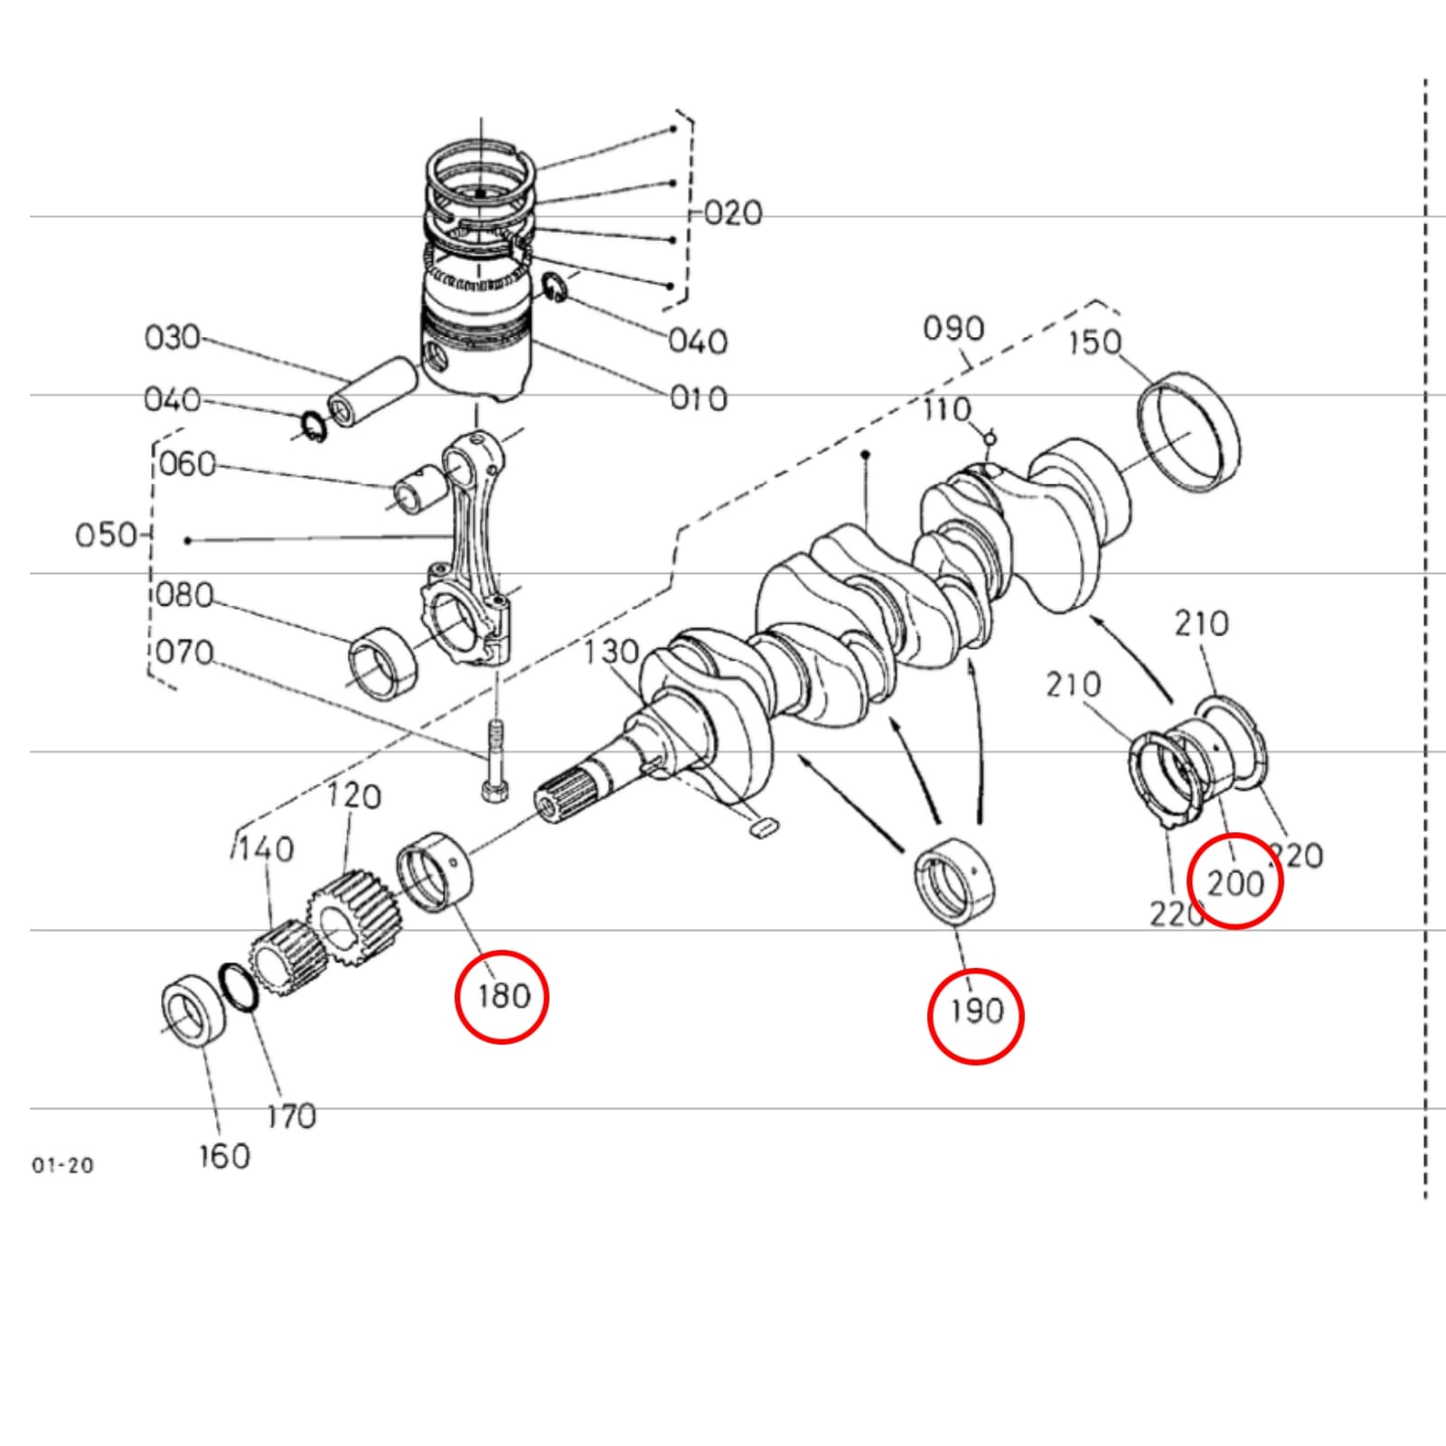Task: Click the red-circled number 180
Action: tap(502, 996)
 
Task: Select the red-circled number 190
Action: tap(975, 1011)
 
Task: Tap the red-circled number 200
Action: tap(1235, 881)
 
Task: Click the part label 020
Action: tap(733, 213)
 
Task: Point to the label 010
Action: tap(699, 399)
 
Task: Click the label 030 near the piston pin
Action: tap(172, 337)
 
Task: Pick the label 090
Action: tap(953, 328)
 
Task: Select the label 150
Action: tap(1094, 343)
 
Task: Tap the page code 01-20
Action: tap(62, 1166)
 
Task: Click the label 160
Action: tap(224, 1155)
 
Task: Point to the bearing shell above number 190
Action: tap(953, 881)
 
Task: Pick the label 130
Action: tap(611, 652)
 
